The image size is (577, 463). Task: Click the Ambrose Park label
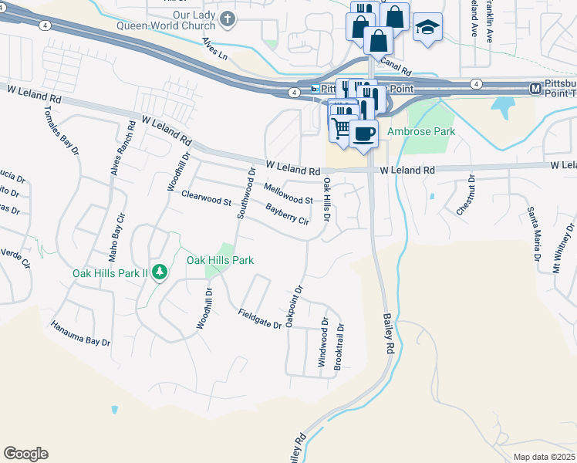click(420, 131)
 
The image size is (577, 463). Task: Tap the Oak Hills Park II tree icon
click(160, 271)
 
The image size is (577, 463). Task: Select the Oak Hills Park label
click(220, 260)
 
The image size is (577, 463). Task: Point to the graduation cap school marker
click(426, 27)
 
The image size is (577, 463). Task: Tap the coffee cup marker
click(363, 133)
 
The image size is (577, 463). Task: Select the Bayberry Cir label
click(287, 215)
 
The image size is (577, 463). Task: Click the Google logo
click(25, 454)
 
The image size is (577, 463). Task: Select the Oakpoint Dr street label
click(292, 306)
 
